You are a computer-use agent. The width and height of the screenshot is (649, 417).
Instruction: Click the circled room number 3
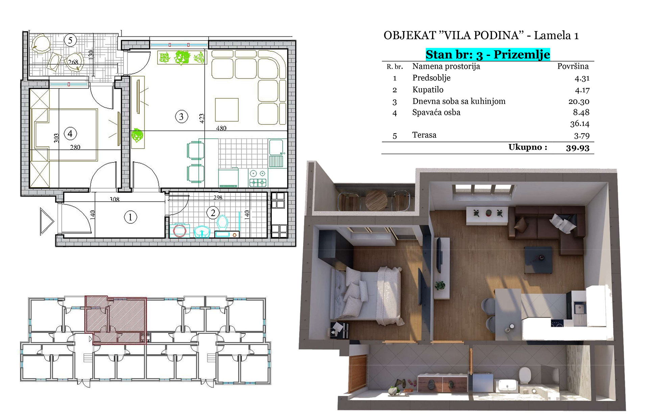tap(182, 117)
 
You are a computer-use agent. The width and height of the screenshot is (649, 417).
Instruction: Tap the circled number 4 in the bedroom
tap(70, 133)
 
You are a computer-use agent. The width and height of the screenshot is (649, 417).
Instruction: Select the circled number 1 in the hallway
tap(130, 217)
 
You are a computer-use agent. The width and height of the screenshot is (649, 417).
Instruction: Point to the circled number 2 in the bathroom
tap(213, 213)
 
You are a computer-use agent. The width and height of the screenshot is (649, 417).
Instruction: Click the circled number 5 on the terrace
tap(70, 40)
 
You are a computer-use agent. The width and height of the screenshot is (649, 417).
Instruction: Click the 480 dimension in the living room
tap(221, 128)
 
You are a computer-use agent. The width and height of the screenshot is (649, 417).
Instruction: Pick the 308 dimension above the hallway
tap(115, 199)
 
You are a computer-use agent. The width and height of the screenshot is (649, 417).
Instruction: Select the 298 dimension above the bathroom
tap(218, 197)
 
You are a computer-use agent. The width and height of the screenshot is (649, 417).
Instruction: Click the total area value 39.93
tap(578, 148)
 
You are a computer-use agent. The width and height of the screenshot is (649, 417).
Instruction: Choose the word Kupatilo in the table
tap(428, 90)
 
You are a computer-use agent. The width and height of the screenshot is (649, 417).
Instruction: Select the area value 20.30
tap(579, 101)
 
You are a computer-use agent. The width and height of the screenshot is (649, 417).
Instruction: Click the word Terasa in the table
tap(424, 135)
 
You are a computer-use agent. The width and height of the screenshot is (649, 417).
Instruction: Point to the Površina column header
tap(573, 66)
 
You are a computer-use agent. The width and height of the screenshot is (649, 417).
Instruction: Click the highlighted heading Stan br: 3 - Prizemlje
tap(488, 54)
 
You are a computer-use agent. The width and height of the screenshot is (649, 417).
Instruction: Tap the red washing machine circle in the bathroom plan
tap(179, 231)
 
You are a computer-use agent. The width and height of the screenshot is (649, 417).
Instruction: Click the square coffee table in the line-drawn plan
tap(227, 109)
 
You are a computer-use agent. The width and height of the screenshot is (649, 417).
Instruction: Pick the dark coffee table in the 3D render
tap(538, 260)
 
